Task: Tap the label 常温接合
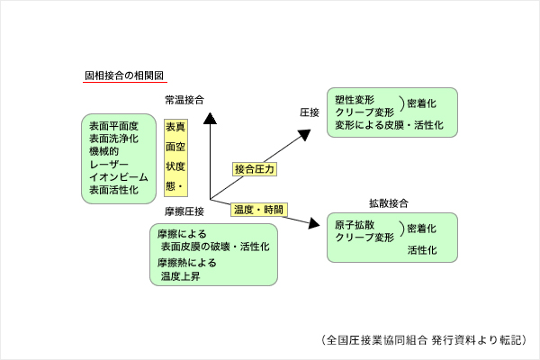coord(184,100)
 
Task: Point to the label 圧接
coord(310,112)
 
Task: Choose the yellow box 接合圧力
coord(255,168)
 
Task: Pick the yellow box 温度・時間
coord(259,210)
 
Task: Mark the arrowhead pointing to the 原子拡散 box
coord(317,223)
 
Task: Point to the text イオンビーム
coord(112,177)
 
